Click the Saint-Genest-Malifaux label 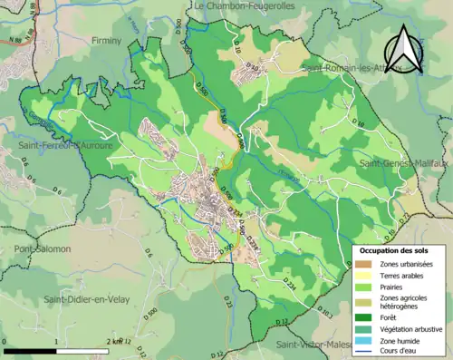click(404, 163)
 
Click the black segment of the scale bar click(31, 350)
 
